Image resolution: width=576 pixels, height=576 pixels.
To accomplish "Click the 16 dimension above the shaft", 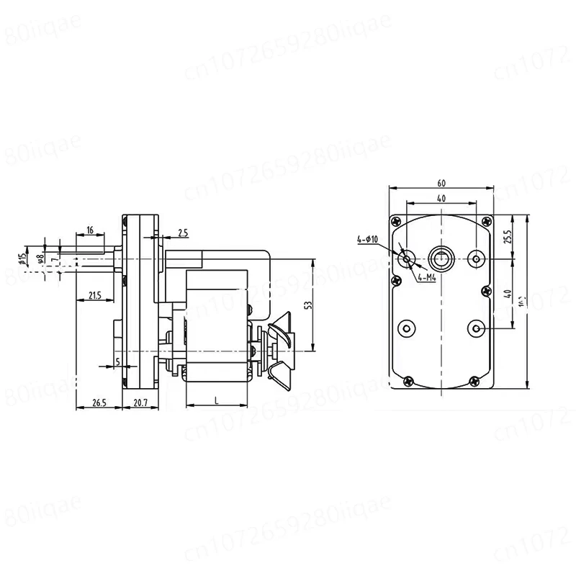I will click(89, 230).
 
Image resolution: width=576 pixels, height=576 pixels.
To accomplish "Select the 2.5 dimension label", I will click(183, 233).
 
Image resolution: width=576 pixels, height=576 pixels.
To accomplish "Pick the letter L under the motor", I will click(217, 401).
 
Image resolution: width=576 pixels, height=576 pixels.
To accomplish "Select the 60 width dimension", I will click(441, 181).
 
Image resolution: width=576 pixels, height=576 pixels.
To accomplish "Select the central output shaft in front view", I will click(440, 257).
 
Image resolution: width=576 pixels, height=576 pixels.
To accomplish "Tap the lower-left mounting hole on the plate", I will click(406, 328).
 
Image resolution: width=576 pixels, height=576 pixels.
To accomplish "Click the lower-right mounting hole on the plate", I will click(476, 328).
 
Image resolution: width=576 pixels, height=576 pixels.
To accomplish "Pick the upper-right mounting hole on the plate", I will click(476, 257).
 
